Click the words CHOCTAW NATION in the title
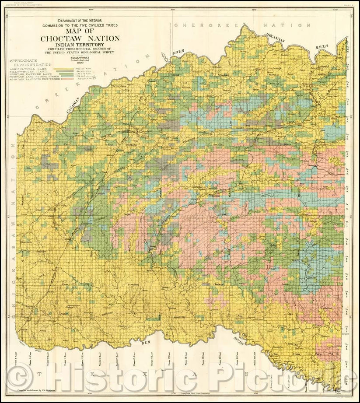[x=80, y=39]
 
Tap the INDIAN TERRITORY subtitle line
[x=80, y=44]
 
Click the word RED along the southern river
[x=146, y=344]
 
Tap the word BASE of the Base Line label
[x=128, y=215]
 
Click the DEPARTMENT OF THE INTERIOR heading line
[x=80, y=20]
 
